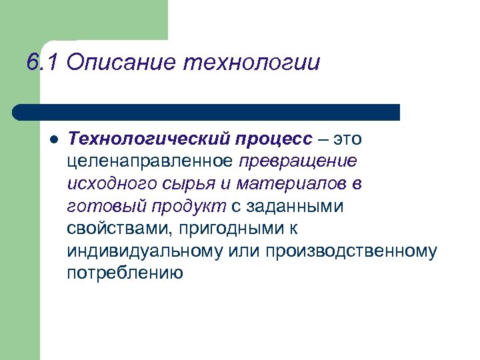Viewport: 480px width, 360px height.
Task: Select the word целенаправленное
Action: pos(150,161)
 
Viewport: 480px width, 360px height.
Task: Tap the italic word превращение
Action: pos(298,161)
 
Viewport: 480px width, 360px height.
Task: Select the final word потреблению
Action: pos(125,273)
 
